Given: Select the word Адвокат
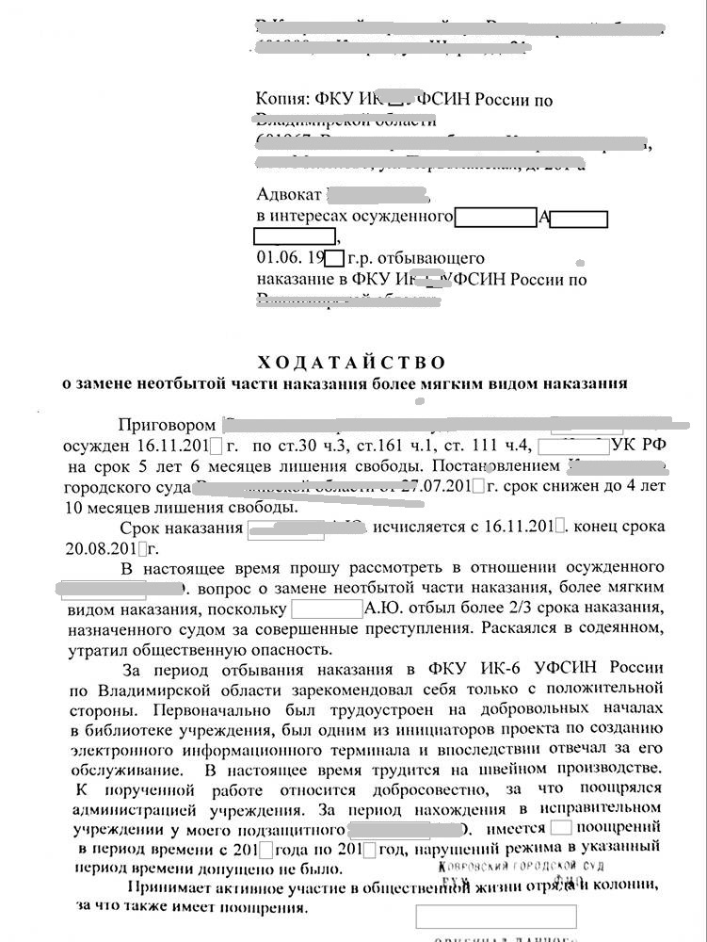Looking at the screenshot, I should pos(288,195).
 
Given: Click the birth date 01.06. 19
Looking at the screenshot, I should pos(290,257).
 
